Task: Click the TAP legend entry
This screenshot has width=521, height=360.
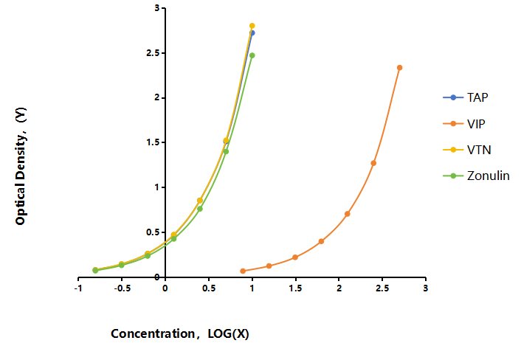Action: [x=466, y=97]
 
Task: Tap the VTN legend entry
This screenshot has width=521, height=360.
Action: [x=467, y=150]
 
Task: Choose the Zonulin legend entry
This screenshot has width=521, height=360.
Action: [x=476, y=176]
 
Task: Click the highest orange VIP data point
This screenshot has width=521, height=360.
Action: [x=400, y=68]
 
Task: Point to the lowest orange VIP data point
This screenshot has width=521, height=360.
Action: [x=243, y=271]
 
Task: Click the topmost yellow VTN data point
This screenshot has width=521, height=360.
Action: [x=252, y=26]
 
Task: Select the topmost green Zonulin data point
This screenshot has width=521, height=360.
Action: [x=252, y=55]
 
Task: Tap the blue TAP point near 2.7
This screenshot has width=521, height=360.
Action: [x=253, y=33]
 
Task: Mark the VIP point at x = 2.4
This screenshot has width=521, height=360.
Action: [x=373, y=163]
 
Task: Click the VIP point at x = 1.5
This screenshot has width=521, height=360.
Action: [x=295, y=257]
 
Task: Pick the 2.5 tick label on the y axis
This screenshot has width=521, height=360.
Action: [x=153, y=53]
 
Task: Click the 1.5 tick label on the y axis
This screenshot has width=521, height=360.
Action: [x=153, y=142]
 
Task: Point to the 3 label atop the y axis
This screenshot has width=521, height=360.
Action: [x=157, y=8]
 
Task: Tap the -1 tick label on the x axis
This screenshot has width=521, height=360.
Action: [x=78, y=288]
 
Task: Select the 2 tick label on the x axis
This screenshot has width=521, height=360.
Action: [x=339, y=288]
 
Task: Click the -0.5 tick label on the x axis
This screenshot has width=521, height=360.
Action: [x=122, y=288]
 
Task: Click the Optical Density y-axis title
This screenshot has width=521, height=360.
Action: [x=21, y=167]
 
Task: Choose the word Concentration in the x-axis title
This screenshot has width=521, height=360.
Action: [x=153, y=333]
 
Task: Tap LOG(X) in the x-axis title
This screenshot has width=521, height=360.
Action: [x=228, y=333]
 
